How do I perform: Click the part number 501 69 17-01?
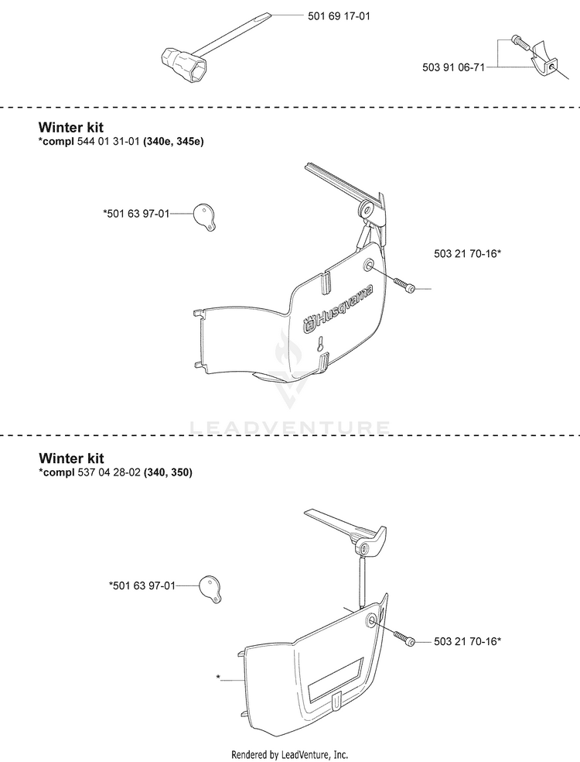(339, 16)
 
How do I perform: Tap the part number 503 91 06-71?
(453, 67)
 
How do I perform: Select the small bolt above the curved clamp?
(520, 42)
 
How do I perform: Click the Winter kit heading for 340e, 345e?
(71, 127)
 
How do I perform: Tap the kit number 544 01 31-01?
(108, 142)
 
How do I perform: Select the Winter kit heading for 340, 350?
(71, 458)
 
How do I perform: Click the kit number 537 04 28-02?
(109, 472)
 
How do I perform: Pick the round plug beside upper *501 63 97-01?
(205, 217)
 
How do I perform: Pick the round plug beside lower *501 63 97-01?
(211, 589)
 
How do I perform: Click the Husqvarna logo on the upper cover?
(339, 309)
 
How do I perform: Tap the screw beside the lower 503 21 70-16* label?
(404, 637)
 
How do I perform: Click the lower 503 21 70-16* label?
(467, 641)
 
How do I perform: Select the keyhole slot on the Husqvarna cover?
(320, 344)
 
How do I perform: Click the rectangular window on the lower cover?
(336, 680)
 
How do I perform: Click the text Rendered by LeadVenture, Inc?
(290, 755)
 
